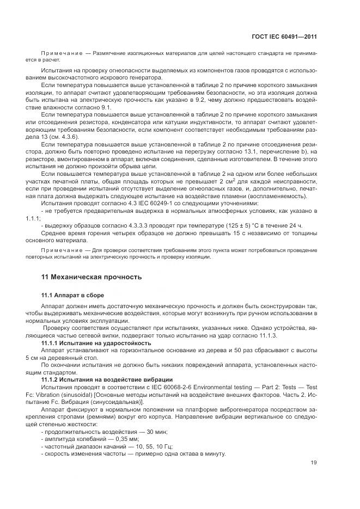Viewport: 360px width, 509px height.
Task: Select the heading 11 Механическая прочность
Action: (91, 277)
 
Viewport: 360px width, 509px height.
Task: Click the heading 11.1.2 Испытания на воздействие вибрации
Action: (107, 379)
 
